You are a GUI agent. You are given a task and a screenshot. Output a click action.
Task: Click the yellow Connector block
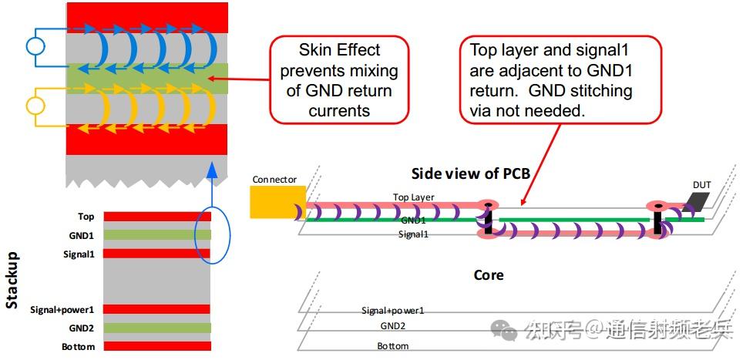click(277, 202)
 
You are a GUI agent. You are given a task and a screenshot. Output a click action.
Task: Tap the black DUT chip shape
click(699, 201)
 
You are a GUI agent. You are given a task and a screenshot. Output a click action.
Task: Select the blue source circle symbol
click(35, 46)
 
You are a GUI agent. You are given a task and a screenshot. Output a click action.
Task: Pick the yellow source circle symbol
click(35, 106)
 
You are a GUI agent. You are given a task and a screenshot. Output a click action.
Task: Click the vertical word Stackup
click(12, 280)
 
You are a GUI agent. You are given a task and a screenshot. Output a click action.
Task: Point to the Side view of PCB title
click(471, 173)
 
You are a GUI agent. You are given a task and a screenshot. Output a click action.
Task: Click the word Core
click(489, 275)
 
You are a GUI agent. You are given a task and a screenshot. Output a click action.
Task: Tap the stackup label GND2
click(82, 328)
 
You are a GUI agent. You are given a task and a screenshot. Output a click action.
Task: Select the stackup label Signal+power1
click(62, 310)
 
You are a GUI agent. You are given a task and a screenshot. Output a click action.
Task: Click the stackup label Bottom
click(79, 347)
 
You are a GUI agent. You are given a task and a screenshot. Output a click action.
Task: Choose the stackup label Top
click(86, 217)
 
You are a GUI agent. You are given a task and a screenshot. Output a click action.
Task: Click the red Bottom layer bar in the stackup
click(157, 346)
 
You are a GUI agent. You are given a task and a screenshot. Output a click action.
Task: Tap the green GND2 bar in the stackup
click(157, 328)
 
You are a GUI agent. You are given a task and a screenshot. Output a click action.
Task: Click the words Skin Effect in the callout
click(340, 50)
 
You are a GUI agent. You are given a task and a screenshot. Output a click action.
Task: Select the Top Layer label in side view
click(413, 197)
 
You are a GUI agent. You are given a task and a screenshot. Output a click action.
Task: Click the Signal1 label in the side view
click(413, 234)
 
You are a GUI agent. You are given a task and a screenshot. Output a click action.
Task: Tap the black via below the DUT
click(657, 220)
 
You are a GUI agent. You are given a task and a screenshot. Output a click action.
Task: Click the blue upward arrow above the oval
click(212, 184)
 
